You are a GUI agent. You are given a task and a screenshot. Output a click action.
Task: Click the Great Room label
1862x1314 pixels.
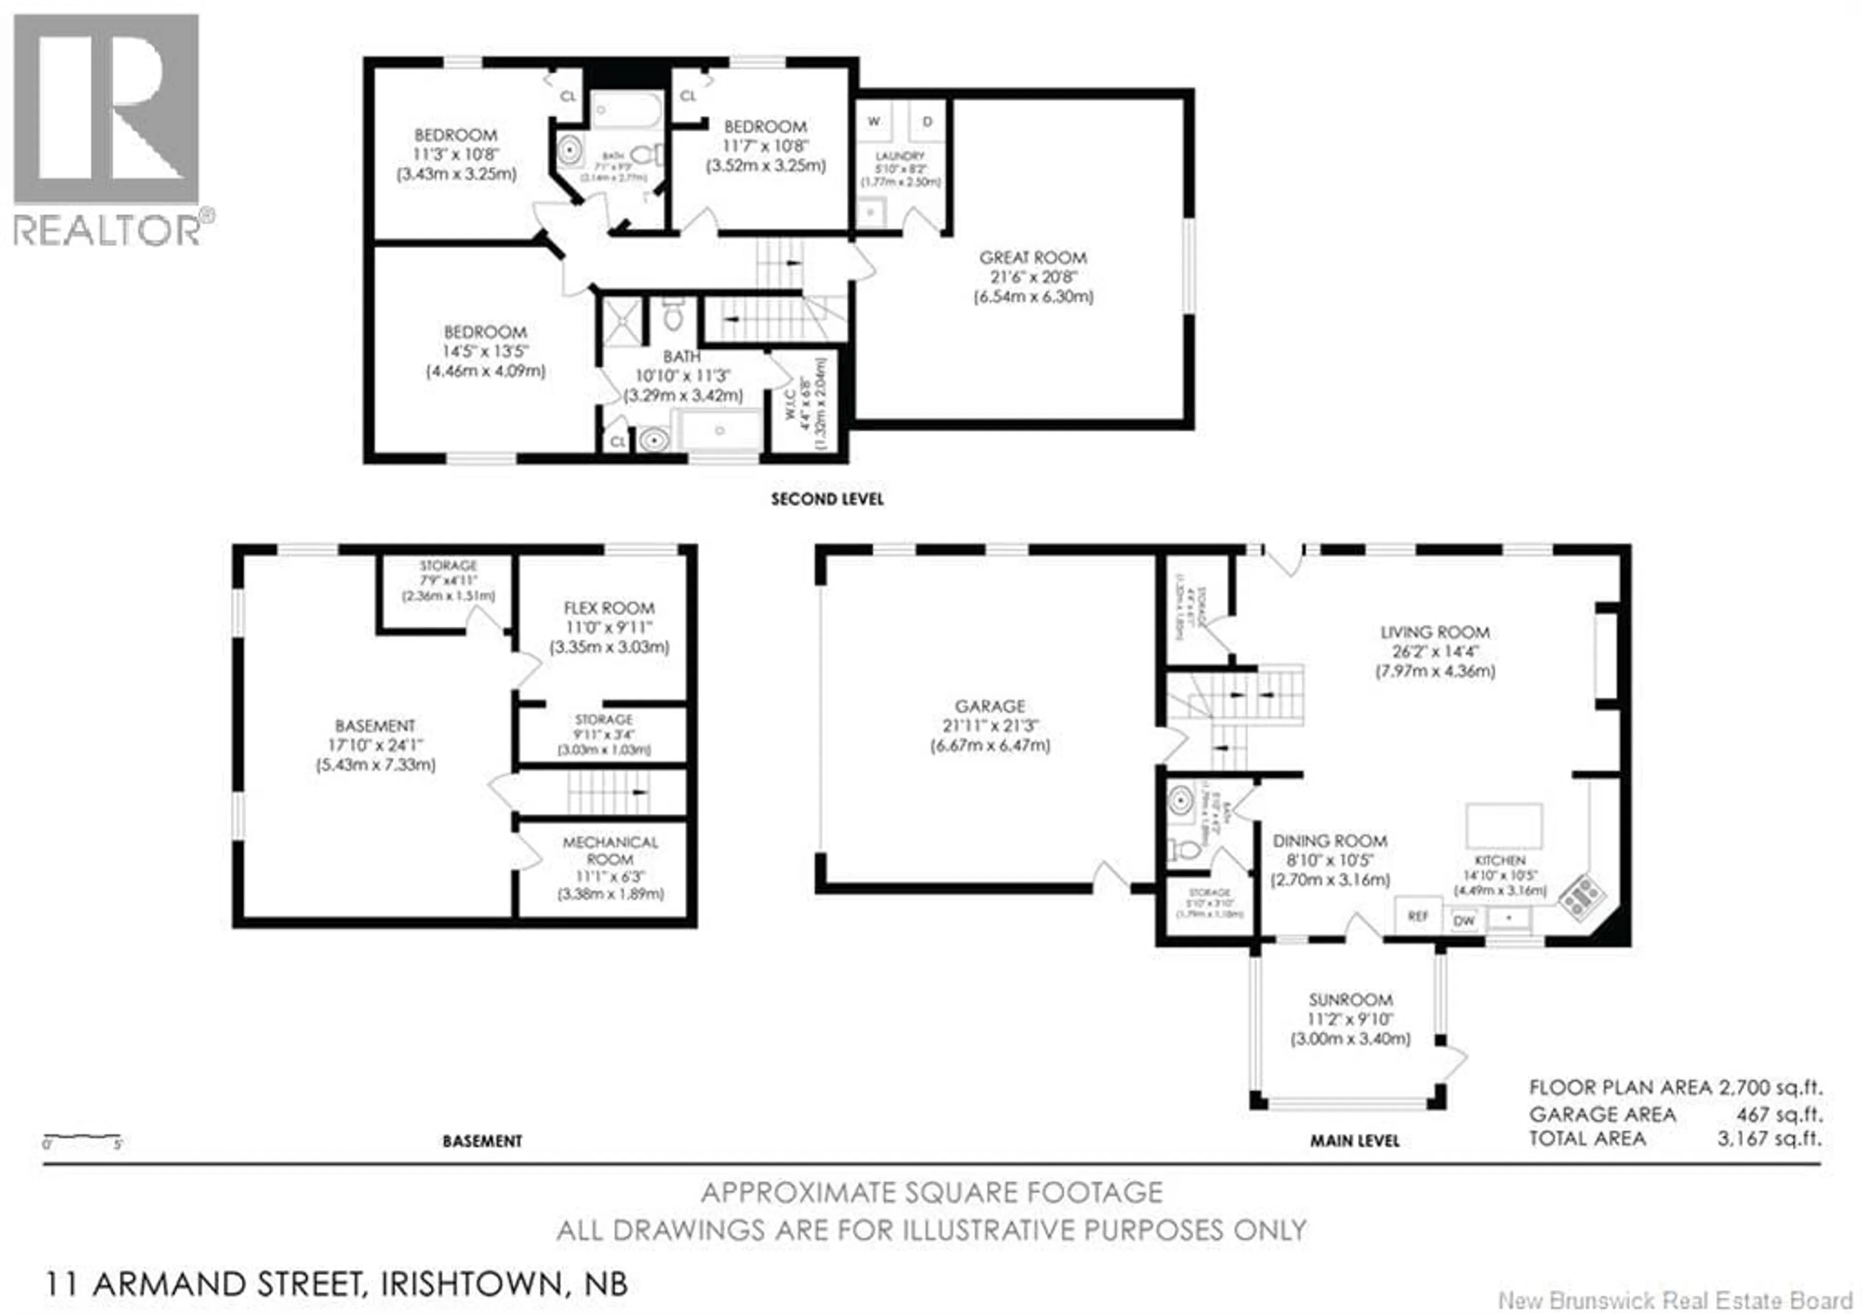pos(1032,258)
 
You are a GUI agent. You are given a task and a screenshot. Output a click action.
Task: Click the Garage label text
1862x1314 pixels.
pos(989,706)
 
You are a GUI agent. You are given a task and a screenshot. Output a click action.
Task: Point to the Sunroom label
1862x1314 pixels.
pos(1350,1000)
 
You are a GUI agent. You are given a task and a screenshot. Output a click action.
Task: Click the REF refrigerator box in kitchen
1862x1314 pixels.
pos(1417,916)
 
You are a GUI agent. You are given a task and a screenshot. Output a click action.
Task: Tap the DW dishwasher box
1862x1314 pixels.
pos(1464,921)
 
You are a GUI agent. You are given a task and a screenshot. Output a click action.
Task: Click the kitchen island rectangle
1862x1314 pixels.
pos(1504,825)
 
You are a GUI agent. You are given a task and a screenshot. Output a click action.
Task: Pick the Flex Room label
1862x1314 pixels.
pos(609,608)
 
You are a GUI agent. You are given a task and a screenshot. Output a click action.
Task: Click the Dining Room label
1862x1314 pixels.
pos(1329,840)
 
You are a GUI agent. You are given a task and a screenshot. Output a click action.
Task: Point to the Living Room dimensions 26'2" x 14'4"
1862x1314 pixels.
pos(1435,652)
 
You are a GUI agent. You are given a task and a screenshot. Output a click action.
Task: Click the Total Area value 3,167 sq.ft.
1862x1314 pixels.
pos(1769,1138)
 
